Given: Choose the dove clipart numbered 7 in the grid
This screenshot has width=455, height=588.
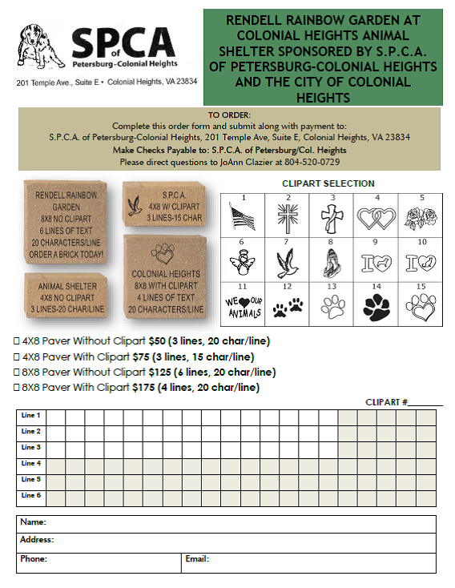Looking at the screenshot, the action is tap(287, 262).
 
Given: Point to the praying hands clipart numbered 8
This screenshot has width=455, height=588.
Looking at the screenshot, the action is tap(331, 262).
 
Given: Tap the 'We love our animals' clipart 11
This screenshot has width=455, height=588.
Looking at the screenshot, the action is tap(241, 307).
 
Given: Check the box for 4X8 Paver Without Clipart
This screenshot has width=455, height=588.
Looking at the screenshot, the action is tap(18, 341).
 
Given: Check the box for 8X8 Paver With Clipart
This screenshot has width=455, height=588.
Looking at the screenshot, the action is tap(18, 387).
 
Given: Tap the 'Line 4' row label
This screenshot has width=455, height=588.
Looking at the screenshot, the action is tap(31, 463).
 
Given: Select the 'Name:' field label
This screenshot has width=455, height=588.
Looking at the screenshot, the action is tap(33, 522).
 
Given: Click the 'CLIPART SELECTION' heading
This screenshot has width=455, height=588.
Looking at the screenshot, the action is tap(328, 183).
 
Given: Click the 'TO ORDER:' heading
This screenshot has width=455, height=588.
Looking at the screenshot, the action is tap(229, 115).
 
